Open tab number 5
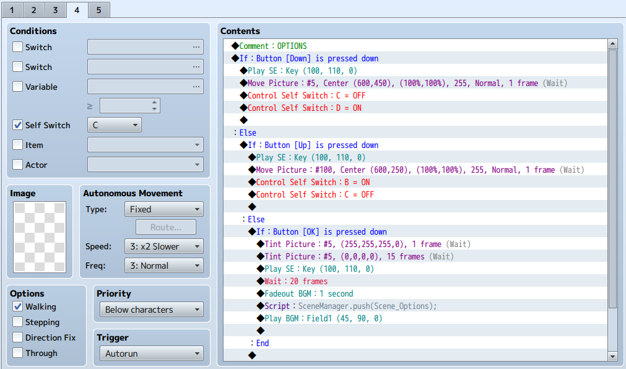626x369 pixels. coord(98,10)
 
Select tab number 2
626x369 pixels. coord(33,10)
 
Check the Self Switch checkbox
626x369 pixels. coord(17,125)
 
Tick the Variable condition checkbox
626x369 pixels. coord(17,87)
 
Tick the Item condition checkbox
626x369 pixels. coord(17,144)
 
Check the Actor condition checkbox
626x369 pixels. coord(17,165)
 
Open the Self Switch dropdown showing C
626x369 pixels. coord(114,125)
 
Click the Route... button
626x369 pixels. coord(166,227)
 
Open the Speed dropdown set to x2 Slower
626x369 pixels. coord(163,246)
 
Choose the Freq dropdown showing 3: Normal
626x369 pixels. coord(163,266)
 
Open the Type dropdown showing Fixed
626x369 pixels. coord(163,209)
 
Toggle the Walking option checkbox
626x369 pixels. coord(17,306)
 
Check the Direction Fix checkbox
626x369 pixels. coord(17,337)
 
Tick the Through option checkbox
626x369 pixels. coord(17,353)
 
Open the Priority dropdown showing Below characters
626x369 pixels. coord(151,310)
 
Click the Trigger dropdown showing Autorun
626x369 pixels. coord(151,354)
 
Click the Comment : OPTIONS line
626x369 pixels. coord(272,46)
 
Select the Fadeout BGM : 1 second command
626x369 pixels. coord(308,293)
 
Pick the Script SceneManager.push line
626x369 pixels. coord(350,306)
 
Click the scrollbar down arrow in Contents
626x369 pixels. coord(612,356)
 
